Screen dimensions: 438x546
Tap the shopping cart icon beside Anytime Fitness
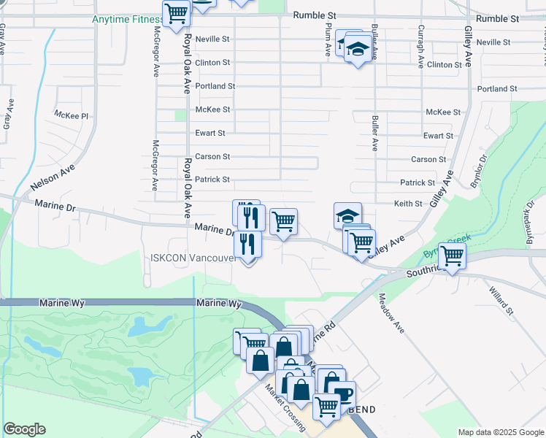(x=176, y=14)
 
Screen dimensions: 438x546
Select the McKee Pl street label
(x=71, y=115)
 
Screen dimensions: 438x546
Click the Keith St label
(x=408, y=204)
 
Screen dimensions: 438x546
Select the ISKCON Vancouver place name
(x=192, y=258)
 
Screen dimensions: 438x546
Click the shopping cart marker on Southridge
(x=452, y=255)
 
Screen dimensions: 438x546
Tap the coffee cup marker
(x=342, y=393)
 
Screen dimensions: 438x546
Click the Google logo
(x=23, y=429)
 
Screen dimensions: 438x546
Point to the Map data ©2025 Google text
(x=500, y=432)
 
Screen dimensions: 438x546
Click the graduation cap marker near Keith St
(x=347, y=215)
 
